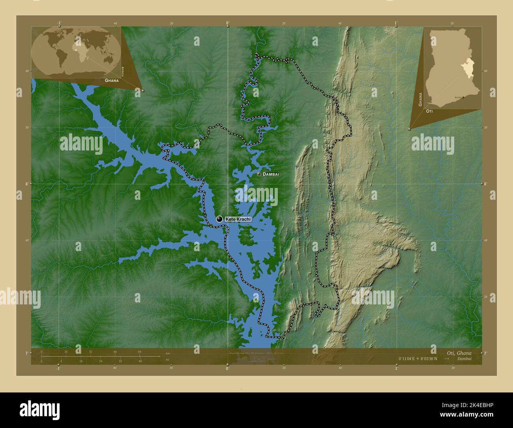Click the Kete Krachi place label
click(238, 219)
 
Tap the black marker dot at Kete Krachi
click(219, 219)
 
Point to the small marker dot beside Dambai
click(258, 174)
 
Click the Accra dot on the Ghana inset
click(463, 97)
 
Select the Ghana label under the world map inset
click(111, 80)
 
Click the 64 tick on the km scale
click(139, 352)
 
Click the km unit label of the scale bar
click(168, 353)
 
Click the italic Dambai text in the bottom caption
click(464, 359)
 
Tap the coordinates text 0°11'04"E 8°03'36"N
click(418, 359)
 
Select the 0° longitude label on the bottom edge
click(227, 368)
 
